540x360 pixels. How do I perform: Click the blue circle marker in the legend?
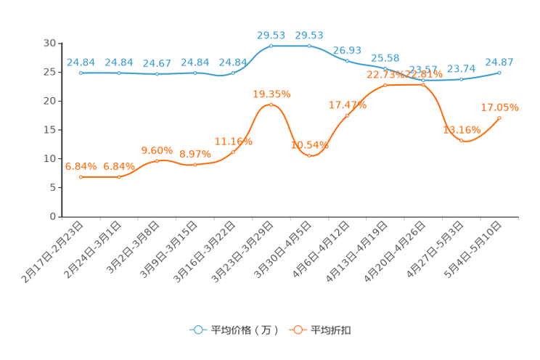[x=197, y=330]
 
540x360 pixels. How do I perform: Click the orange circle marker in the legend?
[x=298, y=330]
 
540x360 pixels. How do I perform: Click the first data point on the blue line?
[x=81, y=73]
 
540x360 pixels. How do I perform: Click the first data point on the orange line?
[x=81, y=176]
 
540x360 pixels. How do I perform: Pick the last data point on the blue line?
[x=499, y=72]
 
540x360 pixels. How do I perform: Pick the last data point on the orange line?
[x=499, y=117]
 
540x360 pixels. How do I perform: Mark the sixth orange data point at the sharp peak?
[x=271, y=105]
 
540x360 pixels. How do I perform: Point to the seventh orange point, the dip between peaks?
[x=309, y=155]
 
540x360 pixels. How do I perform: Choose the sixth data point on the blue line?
[x=271, y=46]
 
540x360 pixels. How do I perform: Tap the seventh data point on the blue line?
[x=309, y=46]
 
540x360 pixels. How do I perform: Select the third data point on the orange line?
[x=157, y=160]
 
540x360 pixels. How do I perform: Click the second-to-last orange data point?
[x=462, y=140]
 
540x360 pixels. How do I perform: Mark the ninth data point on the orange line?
[x=385, y=85]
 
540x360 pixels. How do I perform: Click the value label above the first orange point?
[x=81, y=165]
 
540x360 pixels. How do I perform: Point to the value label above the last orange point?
[x=500, y=107]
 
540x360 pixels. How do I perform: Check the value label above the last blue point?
[x=499, y=61]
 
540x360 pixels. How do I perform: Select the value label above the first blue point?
[x=81, y=62]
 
